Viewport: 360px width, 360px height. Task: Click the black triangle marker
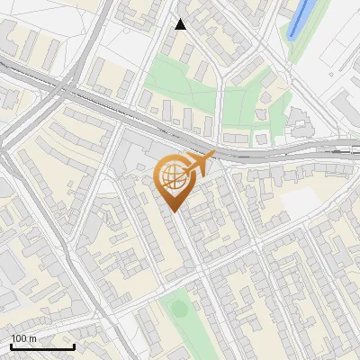[181, 24]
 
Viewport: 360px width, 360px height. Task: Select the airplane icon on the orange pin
[202, 164]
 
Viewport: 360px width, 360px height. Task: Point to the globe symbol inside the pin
[173, 178]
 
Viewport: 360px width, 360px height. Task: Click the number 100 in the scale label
[19, 339]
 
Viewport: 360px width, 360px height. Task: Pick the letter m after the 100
[32, 339]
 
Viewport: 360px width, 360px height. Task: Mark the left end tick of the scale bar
[11, 346]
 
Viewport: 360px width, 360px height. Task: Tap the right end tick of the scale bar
[75, 346]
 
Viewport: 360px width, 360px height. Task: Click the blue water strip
[301, 17]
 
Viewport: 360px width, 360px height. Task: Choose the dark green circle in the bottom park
[180, 310]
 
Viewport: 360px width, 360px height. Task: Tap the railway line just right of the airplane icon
[243, 155]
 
